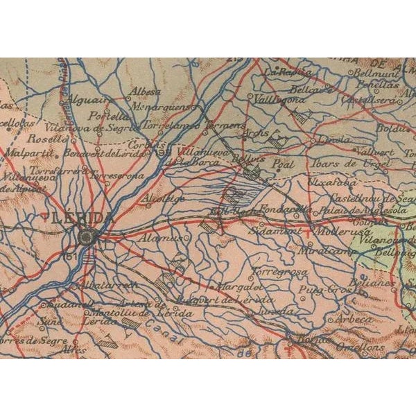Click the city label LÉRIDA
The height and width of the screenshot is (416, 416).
[81, 218]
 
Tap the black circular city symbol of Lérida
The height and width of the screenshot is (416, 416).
[87, 237]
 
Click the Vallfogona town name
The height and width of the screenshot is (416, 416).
[280, 100]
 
